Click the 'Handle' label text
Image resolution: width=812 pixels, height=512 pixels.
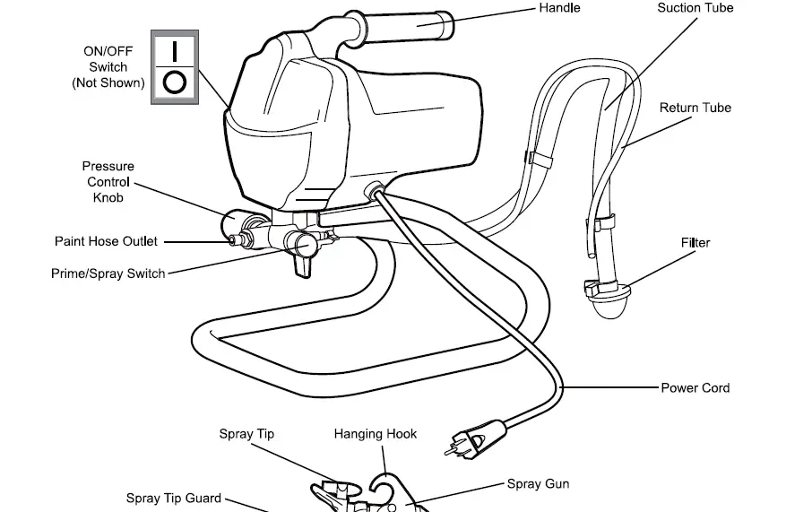point(559,8)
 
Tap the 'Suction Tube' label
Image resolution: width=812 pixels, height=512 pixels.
point(695,8)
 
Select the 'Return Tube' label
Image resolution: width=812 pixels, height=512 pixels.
point(695,108)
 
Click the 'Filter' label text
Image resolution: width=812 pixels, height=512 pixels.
point(695,243)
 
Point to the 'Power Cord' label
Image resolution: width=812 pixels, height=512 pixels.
point(695,388)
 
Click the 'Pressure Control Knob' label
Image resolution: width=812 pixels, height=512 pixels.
point(108,182)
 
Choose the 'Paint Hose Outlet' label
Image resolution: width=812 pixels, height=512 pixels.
point(106,241)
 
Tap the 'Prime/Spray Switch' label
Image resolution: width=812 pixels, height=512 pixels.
point(108,273)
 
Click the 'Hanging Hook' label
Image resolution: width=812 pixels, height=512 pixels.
point(376,434)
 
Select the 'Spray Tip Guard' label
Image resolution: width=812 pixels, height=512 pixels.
point(173,499)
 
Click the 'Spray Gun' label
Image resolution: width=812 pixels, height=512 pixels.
point(538,484)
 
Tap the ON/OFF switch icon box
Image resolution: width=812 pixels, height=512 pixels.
point(175,66)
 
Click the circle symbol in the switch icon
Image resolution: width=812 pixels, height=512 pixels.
point(175,82)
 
